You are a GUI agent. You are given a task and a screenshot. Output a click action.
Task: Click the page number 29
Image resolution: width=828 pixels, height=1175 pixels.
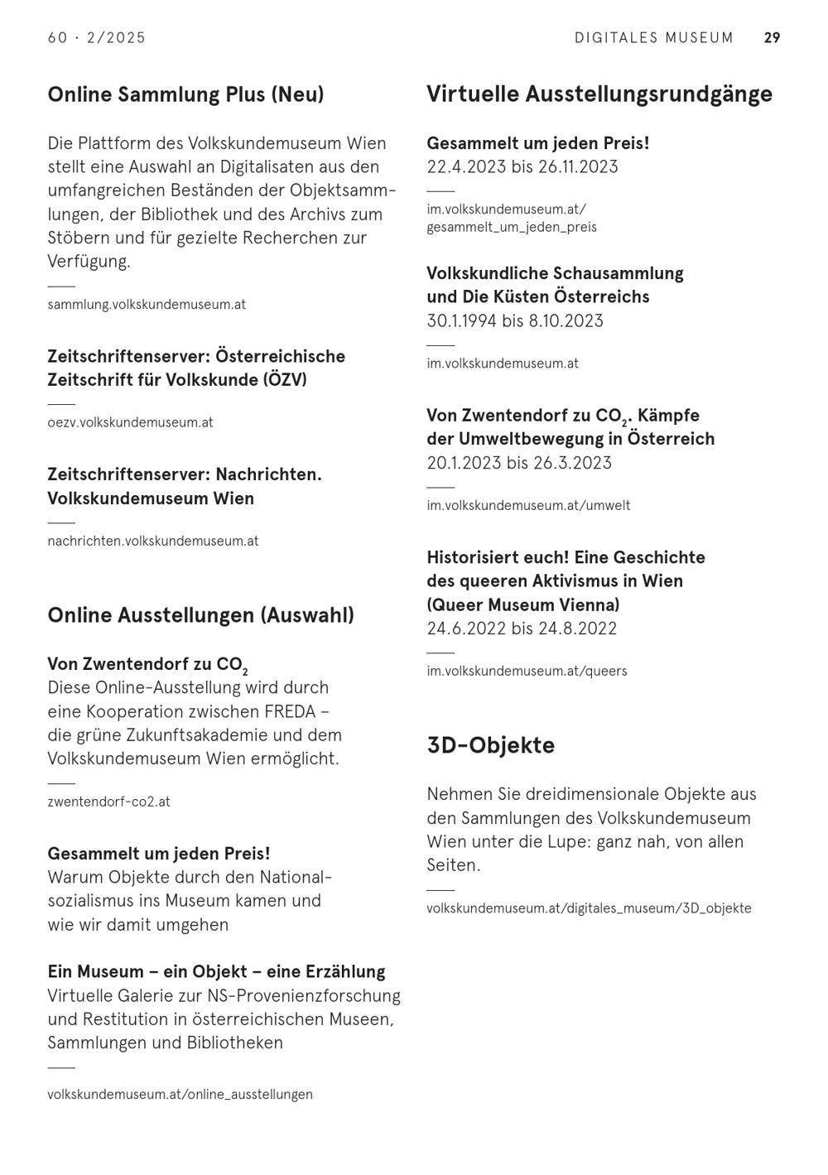tap(772, 38)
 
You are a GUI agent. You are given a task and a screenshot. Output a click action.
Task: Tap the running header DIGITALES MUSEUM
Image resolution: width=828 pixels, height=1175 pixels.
tap(654, 38)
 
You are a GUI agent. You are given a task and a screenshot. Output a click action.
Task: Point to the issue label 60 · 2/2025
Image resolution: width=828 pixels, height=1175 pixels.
tap(97, 38)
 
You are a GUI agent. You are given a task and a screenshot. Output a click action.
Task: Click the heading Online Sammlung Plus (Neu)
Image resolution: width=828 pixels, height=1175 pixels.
tap(185, 94)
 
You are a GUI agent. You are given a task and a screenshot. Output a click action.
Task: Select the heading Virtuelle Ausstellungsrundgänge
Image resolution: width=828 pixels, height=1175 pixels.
tap(599, 94)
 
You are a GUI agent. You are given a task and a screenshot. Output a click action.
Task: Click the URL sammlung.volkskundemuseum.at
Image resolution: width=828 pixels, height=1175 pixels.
tap(147, 305)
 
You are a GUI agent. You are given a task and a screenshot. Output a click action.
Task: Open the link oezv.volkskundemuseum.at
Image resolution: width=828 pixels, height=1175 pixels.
tap(130, 422)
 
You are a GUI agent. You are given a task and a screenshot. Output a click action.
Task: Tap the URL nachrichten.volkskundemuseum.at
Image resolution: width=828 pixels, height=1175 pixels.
tap(153, 542)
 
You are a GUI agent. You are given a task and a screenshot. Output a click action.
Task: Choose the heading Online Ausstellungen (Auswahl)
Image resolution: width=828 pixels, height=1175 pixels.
tap(200, 615)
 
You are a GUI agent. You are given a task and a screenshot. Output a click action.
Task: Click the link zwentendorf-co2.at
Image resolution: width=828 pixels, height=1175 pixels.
tap(108, 802)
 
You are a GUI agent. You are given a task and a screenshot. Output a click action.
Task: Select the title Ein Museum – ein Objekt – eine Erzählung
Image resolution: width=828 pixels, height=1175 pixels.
tap(216, 971)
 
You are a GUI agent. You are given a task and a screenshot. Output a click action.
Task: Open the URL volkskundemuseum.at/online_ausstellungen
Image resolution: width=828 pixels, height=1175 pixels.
tap(180, 1095)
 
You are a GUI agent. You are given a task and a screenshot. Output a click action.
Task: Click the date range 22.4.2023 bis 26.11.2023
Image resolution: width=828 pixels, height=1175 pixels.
tap(522, 167)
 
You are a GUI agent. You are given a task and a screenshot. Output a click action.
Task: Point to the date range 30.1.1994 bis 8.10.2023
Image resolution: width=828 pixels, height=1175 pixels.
tap(515, 321)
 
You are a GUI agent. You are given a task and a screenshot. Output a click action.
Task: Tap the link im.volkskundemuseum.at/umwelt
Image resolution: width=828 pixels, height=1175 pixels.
tap(528, 506)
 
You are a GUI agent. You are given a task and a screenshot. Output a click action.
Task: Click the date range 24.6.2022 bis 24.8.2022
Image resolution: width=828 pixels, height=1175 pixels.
tap(522, 628)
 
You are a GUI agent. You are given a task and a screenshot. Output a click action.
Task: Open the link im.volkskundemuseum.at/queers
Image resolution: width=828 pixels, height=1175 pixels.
tap(527, 672)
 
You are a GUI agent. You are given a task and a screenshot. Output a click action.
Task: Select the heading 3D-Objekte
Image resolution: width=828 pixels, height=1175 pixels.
tap(491, 745)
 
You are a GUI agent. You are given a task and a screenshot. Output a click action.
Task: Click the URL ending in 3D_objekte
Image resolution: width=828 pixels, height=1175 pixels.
tap(589, 908)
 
